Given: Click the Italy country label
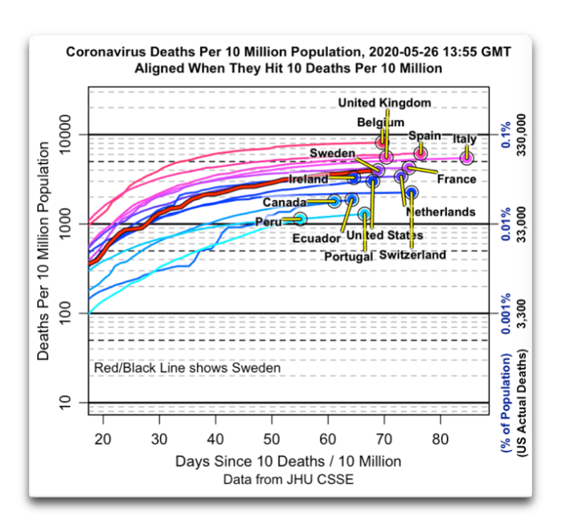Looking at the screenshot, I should [465, 139].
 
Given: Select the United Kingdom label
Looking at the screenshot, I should [384, 104].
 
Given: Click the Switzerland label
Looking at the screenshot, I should [412, 256].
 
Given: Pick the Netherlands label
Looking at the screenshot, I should [441, 211].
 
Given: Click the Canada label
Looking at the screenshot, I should [284, 202].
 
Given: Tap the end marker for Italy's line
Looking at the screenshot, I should [467, 158].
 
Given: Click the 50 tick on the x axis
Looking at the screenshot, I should [272, 440].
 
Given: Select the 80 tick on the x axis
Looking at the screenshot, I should [440, 440].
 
